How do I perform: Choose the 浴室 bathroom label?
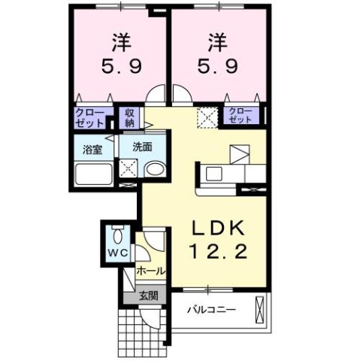pyautogui.click(x=94, y=149)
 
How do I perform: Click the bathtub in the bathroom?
pyautogui.click(x=94, y=177)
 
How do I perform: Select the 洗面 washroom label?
pyautogui.click(x=143, y=148)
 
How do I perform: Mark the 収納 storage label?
pyautogui.click(x=130, y=117)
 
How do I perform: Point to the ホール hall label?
pyautogui.click(x=150, y=271)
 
